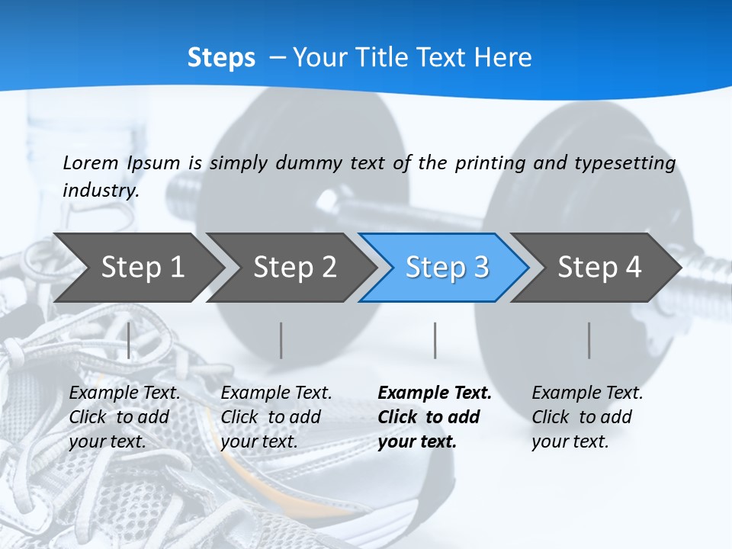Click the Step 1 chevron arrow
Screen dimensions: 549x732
click(142, 268)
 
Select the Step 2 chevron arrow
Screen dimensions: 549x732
click(294, 268)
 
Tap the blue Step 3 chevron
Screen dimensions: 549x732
click(447, 268)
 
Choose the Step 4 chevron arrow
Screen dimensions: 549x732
click(599, 268)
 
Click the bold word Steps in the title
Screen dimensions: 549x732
click(221, 58)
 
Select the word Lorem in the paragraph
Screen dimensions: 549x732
click(91, 162)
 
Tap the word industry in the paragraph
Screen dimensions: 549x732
click(100, 190)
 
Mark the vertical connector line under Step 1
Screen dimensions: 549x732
click(129, 340)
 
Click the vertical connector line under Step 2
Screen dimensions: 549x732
click(281, 340)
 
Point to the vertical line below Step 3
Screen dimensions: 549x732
click(435, 340)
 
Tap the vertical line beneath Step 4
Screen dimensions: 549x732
click(589, 340)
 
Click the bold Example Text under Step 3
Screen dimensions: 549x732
click(435, 393)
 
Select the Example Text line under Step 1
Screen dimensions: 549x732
click(124, 393)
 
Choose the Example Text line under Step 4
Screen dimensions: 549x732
click(587, 393)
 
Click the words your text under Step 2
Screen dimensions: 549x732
click(258, 441)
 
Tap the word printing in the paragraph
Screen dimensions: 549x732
click(490, 162)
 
